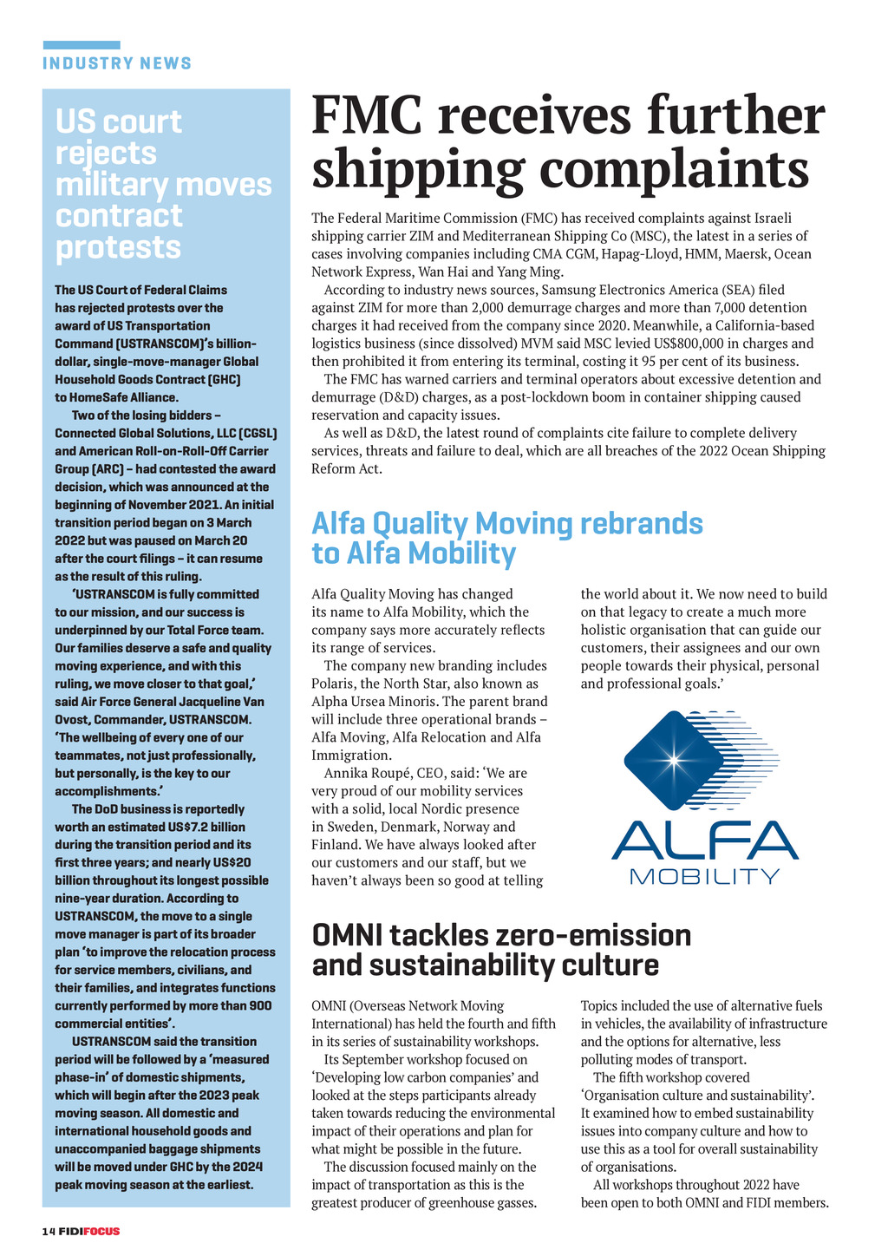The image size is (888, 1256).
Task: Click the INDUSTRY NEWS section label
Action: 117,63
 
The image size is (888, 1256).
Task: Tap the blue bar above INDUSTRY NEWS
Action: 82,45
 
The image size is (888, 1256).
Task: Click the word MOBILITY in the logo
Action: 704,875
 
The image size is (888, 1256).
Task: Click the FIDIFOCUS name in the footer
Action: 90,1231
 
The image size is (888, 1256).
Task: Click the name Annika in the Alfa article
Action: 347,773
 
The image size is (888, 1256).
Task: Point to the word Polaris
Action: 334,684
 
